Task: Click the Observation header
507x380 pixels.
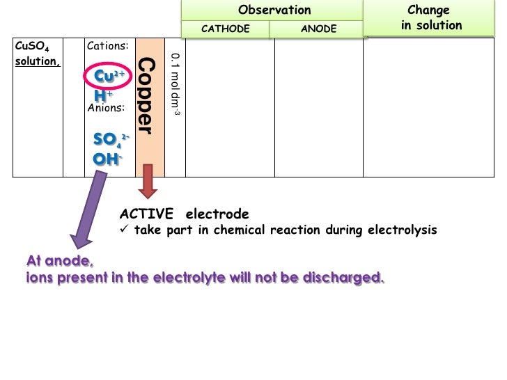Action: click(x=274, y=10)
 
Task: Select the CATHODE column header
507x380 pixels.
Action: click(x=225, y=29)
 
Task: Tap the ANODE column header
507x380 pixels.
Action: click(x=318, y=29)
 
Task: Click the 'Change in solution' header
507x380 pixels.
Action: click(x=431, y=18)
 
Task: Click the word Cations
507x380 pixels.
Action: click(x=107, y=46)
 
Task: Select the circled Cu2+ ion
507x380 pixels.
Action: click(x=109, y=76)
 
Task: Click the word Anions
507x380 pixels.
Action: click(x=106, y=108)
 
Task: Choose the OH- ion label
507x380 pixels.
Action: click(x=108, y=159)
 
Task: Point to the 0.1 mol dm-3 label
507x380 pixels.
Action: click(x=175, y=84)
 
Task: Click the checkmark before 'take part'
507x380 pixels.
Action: click(x=125, y=230)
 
